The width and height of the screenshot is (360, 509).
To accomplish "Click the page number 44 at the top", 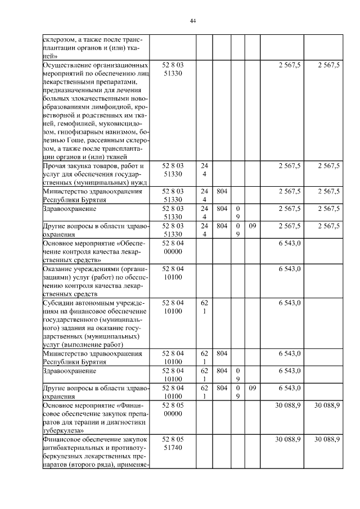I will [x=192, y=21].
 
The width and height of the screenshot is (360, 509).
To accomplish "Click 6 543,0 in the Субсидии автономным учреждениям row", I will [x=289, y=302].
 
